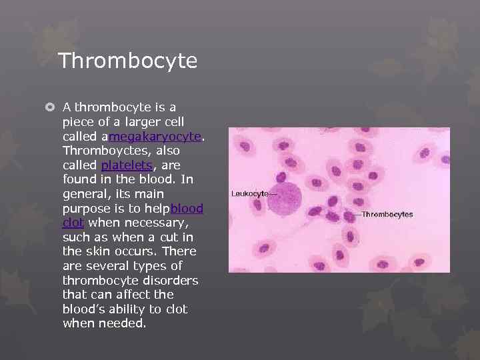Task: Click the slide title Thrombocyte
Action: click(x=127, y=61)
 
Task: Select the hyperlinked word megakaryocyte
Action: click(x=155, y=136)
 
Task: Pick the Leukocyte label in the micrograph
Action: click(x=250, y=193)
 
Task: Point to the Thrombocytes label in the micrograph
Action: click(x=387, y=215)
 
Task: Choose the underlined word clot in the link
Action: click(x=73, y=223)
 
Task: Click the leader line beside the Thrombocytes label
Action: click(x=356, y=215)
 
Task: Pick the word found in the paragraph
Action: click(x=80, y=179)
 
